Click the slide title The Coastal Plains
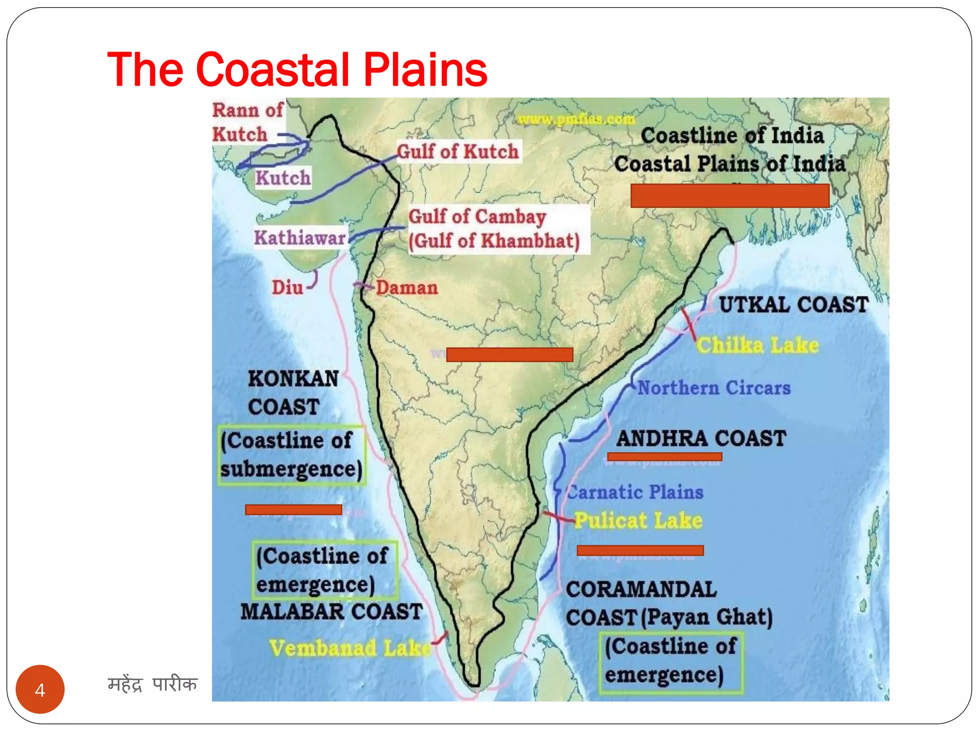(296, 70)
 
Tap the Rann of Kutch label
(247, 122)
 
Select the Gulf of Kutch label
(458, 152)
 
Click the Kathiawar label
(300, 237)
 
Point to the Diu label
(287, 288)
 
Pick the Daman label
(407, 288)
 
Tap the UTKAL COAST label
(794, 305)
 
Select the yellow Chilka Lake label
(758, 345)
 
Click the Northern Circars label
(714, 388)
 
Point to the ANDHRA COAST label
(701, 439)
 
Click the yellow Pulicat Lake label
(638, 520)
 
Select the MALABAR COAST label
(331, 612)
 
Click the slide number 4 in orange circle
(40, 690)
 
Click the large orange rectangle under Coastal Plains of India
(729, 196)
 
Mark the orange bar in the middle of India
(510, 355)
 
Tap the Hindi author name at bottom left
(152, 684)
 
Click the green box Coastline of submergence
(291, 455)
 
